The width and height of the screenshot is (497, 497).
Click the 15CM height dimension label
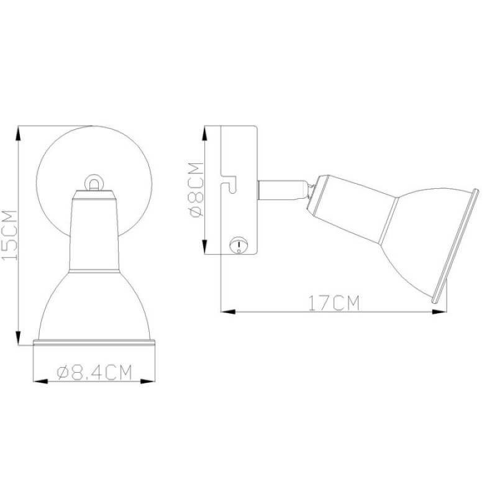tap(9, 235)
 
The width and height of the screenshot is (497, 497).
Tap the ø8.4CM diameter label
tap(94, 372)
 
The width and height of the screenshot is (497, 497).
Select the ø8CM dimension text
tap(196, 190)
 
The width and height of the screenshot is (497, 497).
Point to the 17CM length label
tap(334, 303)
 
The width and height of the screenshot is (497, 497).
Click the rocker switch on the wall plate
tap(238, 245)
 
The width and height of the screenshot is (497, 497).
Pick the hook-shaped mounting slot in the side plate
tap(229, 183)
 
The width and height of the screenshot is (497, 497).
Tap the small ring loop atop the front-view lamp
tap(94, 183)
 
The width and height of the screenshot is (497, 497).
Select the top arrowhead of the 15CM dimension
tap(19, 134)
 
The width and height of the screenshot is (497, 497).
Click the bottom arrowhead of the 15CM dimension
tap(19, 337)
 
